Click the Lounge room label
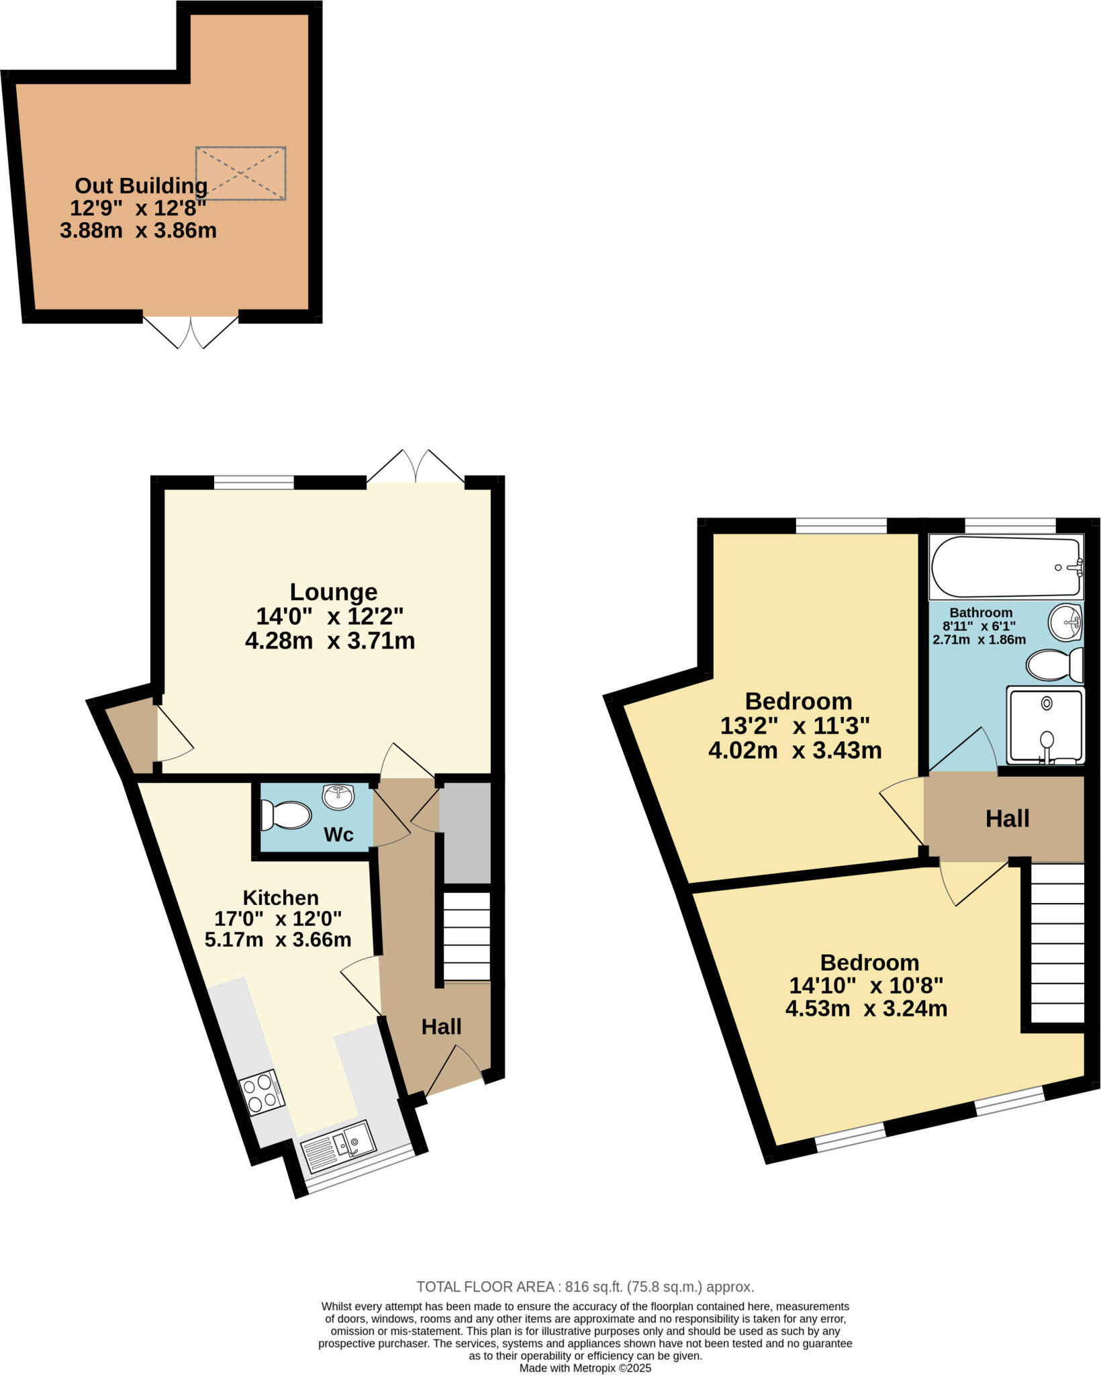[x=333, y=592]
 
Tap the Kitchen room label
[x=281, y=898]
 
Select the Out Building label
[x=141, y=185]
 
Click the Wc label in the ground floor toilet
[x=338, y=835]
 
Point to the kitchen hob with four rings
[x=262, y=1092]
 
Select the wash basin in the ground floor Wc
[x=339, y=797]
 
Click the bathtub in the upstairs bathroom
[x=1006, y=567]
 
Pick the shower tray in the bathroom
[x=1045, y=726]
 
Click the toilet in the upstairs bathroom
[x=1054, y=665]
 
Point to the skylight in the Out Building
[x=241, y=173]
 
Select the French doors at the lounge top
[x=416, y=467]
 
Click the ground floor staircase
[x=467, y=937]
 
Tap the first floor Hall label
[x=1007, y=819]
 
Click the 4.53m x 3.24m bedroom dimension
[x=866, y=1008]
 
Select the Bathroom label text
[x=981, y=612]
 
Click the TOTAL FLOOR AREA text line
[x=585, y=1287]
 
